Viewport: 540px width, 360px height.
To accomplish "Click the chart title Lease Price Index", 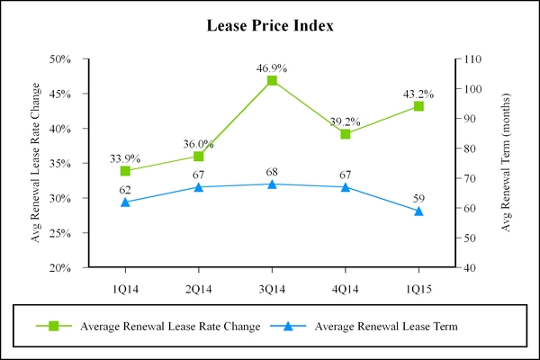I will pyautogui.click(x=270, y=26).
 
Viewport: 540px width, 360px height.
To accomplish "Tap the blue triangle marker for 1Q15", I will pyautogui.click(x=418, y=211).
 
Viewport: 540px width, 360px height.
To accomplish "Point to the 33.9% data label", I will pyautogui.click(x=125, y=158).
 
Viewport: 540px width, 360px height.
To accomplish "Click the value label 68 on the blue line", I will pyautogui.click(x=272, y=171).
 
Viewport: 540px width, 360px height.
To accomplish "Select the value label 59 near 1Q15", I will pyautogui.click(x=418, y=198).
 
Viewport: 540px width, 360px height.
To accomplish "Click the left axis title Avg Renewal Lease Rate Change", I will pyautogui.click(x=37, y=163).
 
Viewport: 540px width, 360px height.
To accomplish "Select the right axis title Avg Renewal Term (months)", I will pyautogui.click(x=506, y=163).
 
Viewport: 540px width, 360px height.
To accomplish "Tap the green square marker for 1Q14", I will pyautogui.click(x=125, y=171).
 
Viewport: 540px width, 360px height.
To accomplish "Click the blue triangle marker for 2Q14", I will pyautogui.click(x=199, y=187).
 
